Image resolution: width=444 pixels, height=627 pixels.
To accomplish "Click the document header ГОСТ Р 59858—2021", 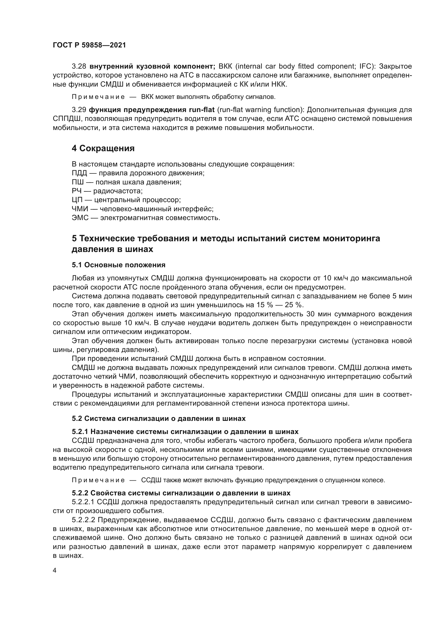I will pos(89,45).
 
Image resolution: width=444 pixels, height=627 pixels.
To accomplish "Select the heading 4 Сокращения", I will pos(103,148).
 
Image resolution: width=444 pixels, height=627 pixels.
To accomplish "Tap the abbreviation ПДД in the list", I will pos(79,173).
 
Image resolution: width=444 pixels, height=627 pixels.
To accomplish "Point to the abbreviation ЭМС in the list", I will pos(80,218).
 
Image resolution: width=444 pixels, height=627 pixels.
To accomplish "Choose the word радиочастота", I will pos(118,191).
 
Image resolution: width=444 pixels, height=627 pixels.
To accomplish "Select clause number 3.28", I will pos(79,66).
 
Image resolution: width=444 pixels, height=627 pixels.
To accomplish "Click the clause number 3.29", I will pos(79,110).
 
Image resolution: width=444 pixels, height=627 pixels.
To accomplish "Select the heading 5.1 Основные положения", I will pos(119,265).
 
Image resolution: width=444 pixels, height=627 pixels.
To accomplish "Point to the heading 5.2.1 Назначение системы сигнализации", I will pos(185,432).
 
